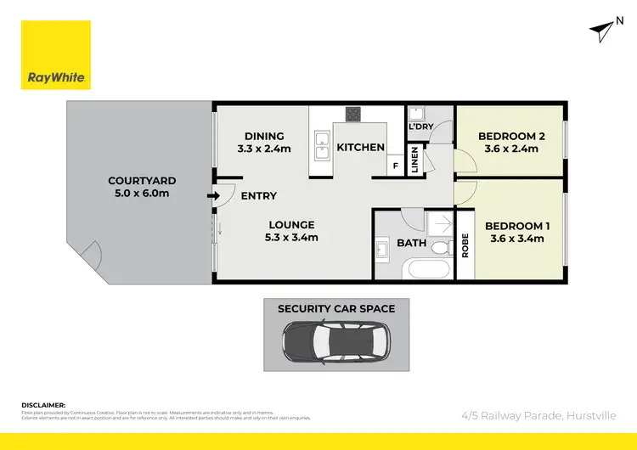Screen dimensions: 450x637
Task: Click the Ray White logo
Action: (x=56, y=54)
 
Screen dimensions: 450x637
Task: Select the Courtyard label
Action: (x=142, y=180)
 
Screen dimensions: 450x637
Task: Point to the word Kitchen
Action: (x=361, y=148)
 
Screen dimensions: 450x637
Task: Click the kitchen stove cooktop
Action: (x=353, y=113)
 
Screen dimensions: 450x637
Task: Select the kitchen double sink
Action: (x=321, y=145)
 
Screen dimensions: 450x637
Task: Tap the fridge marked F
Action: (x=396, y=167)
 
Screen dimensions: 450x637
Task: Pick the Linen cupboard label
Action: (x=415, y=160)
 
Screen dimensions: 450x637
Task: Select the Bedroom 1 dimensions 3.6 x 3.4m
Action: (x=517, y=239)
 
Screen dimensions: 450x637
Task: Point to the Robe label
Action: (x=465, y=246)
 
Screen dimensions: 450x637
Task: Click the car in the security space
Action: (x=335, y=341)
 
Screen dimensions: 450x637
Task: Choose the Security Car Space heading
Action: (x=336, y=308)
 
